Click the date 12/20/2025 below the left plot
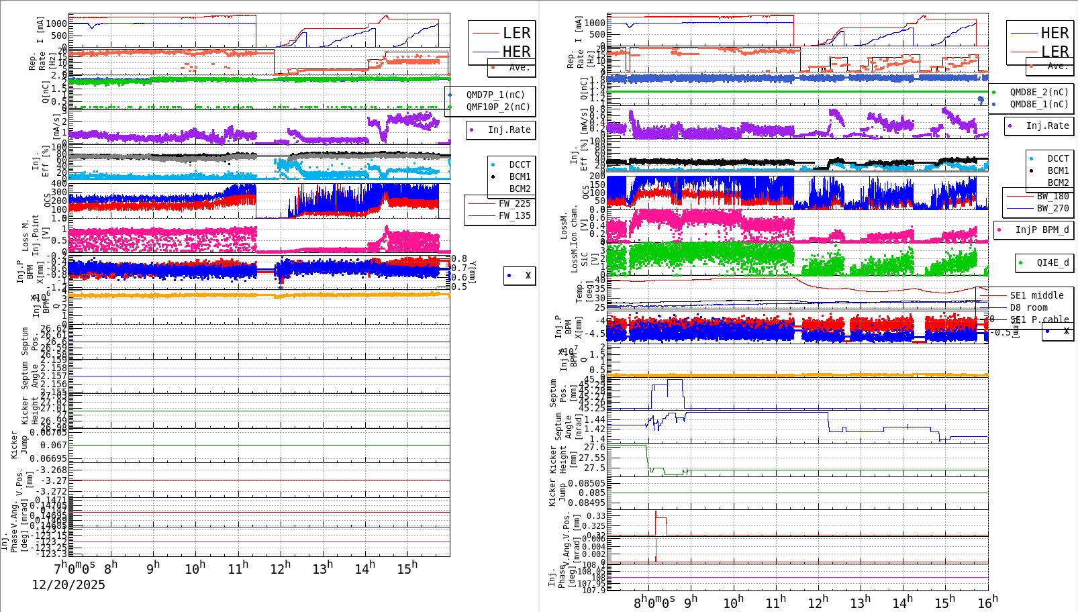click(x=68, y=585)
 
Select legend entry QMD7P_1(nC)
click(x=495, y=95)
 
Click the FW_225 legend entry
click(x=514, y=203)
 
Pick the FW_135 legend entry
click(x=514, y=215)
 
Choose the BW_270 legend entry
click(x=1052, y=208)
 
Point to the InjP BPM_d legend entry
click(x=1042, y=229)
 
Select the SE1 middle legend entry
click(x=1036, y=295)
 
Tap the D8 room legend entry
click(x=1028, y=307)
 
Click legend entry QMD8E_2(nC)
click(x=1038, y=92)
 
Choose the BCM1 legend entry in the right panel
click(x=1058, y=170)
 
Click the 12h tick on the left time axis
click(x=281, y=568)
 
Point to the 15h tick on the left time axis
click(x=407, y=568)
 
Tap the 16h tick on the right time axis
click(x=987, y=602)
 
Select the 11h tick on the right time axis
click(x=776, y=602)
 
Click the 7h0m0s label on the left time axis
click(x=74, y=567)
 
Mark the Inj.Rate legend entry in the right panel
click(x=1047, y=125)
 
